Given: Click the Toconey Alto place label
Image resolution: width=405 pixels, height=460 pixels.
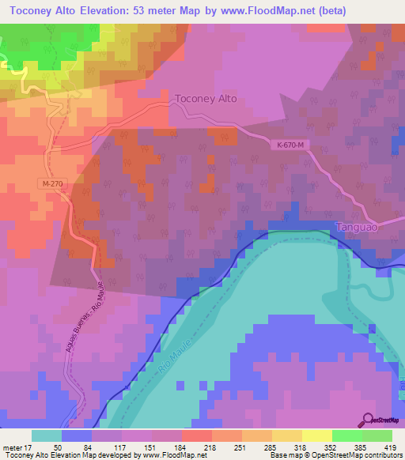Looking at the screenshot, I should coord(205,100).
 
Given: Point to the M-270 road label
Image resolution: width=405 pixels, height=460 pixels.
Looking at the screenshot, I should coord(49,183).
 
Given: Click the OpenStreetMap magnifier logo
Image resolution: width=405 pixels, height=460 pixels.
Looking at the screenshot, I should coord(369,420).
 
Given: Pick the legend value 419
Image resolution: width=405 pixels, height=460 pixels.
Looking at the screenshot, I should coord(392,447).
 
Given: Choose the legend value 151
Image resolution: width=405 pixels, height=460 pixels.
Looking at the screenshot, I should coord(151,447).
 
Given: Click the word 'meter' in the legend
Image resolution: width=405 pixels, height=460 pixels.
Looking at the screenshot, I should coord(13,447).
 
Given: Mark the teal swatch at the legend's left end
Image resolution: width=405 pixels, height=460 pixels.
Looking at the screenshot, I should coord(46,435).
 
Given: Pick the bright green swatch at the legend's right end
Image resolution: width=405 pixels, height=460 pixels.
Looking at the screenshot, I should coord(377,435).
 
